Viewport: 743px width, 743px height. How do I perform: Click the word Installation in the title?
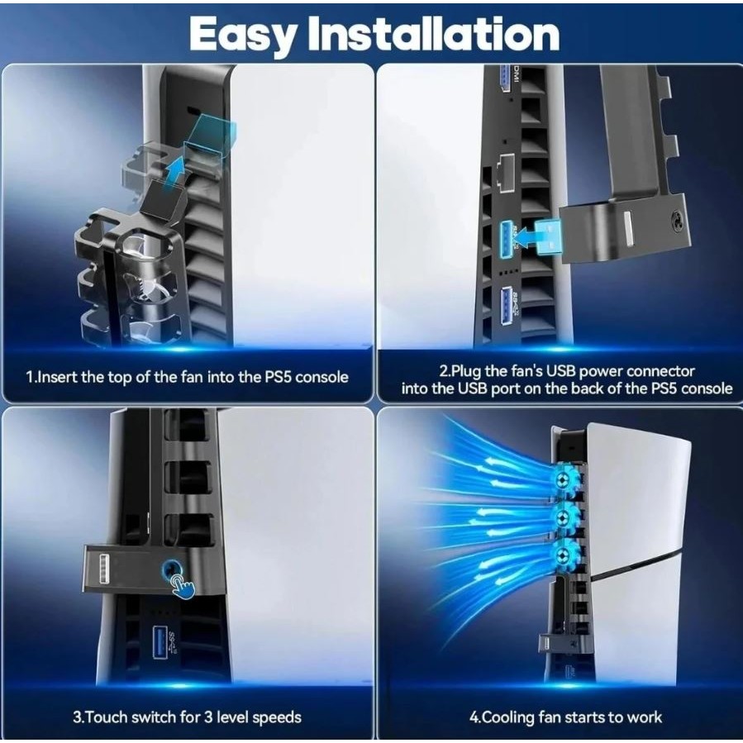coord(434,33)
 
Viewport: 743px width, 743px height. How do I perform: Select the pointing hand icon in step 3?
coord(183,585)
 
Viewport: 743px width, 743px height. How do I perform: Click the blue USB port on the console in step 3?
coord(160,643)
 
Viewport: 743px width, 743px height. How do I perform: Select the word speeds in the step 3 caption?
coord(277,717)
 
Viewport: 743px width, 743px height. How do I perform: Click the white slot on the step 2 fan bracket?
coord(628,229)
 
